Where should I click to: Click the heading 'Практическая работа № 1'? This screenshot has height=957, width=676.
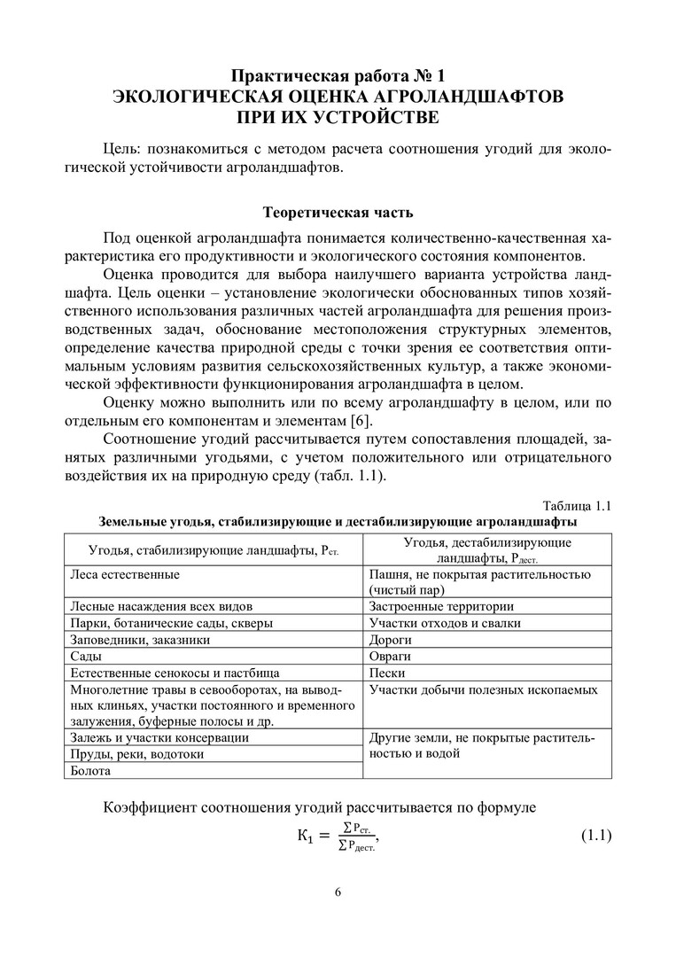click(338, 75)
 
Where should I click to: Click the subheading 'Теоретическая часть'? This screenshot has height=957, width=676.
click(338, 213)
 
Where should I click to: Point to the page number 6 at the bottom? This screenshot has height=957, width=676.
click(338, 891)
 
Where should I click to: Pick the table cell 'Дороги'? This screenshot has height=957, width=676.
click(390, 640)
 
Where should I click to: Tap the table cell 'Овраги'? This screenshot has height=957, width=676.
click(391, 657)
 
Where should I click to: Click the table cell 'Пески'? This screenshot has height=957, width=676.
click(388, 673)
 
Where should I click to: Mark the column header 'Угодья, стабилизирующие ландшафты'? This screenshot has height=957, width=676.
click(204, 551)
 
